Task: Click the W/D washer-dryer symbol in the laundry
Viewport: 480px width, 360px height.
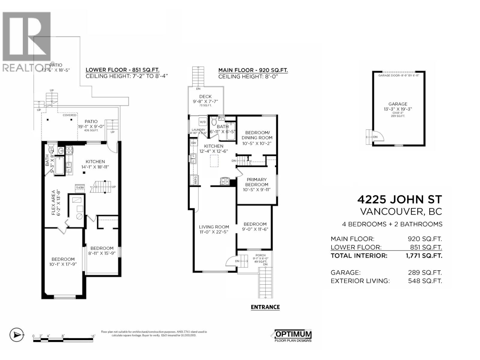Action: pyautogui.click(x=203, y=122)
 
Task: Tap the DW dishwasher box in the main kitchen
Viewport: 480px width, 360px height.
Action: pyautogui.click(x=194, y=143)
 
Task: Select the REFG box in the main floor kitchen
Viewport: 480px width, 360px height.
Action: pyautogui.click(x=195, y=180)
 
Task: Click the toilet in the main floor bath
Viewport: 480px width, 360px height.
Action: pyautogui.click(x=214, y=121)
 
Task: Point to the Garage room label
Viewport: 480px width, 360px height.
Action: pyautogui.click(x=398, y=104)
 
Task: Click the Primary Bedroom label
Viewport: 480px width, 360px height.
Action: pyautogui.click(x=256, y=182)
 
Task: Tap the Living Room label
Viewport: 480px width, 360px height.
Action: pyautogui.click(x=214, y=227)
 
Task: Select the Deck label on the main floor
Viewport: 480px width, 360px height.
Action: pyautogui.click(x=205, y=97)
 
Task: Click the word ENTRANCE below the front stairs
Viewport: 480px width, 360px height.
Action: pyautogui.click(x=265, y=307)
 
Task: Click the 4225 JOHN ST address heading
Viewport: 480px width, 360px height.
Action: pyautogui.click(x=400, y=199)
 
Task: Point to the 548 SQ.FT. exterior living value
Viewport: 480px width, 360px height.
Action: pyautogui.click(x=425, y=281)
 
